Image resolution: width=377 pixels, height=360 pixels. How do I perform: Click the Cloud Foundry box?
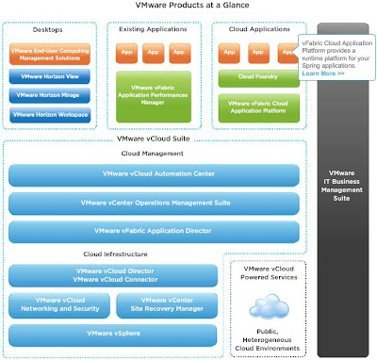(x=254, y=76)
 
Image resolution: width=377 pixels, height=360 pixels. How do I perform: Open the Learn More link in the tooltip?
(x=316, y=73)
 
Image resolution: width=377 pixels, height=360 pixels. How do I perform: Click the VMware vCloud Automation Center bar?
(x=154, y=175)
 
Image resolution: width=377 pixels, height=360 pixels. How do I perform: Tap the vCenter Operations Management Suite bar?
(x=154, y=203)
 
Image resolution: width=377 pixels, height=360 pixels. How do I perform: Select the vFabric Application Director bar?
(x=154, y=230)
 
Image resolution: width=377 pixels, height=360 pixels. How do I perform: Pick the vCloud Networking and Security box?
(x=58, y=304)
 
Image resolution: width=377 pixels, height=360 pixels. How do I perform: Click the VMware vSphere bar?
(x=113, y=333)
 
